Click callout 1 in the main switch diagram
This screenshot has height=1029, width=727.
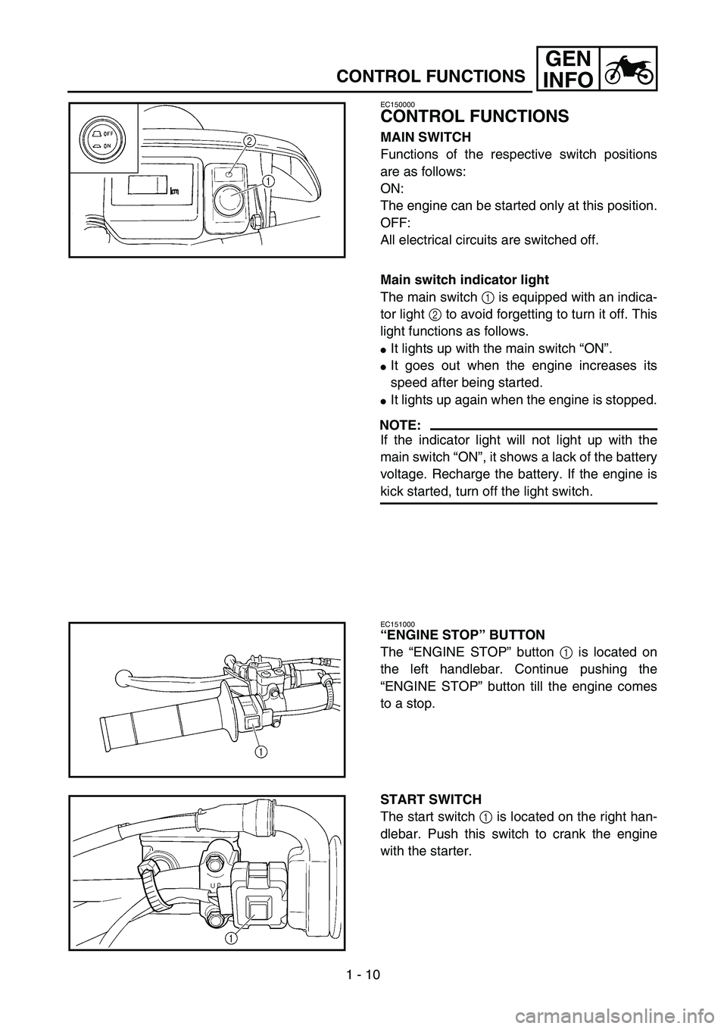(x=268, y=181)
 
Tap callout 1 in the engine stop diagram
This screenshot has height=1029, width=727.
(x=260, y=751)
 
